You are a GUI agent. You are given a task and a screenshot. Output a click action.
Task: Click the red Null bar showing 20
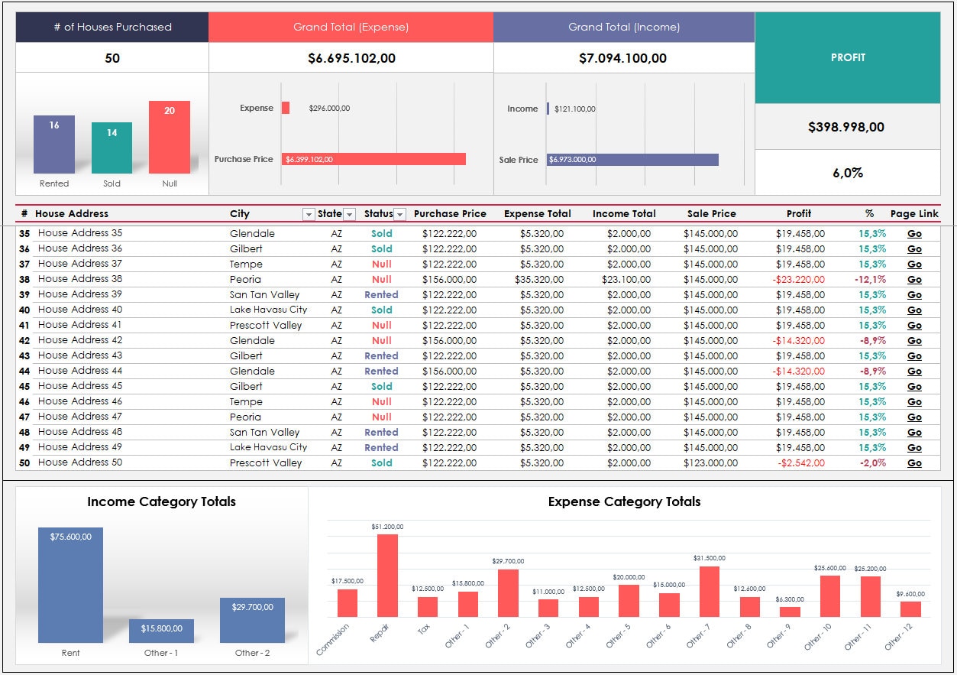click(169, 138)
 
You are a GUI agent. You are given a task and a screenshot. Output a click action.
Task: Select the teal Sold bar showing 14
click(112, 148)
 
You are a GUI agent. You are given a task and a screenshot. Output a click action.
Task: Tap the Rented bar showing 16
click(54, 144)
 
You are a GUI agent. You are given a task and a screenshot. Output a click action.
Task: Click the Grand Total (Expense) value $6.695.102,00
click(351, 58)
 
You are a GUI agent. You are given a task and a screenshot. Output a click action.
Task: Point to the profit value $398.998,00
click(846, 127)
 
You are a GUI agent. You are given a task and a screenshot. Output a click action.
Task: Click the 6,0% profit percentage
click(847, 173)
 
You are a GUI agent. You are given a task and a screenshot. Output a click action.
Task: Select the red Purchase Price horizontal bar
click(373, 159)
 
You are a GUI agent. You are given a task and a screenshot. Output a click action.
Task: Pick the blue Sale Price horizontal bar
click(632, 160)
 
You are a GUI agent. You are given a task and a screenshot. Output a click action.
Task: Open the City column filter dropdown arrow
click(309, 215)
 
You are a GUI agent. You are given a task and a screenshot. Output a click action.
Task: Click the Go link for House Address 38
click(914, 279)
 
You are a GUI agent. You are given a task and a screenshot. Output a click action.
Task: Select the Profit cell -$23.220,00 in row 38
click(800, 280)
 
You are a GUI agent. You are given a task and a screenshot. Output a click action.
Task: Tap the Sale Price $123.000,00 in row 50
click(710, 463)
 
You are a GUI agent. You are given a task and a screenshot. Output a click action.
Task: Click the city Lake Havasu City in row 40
click(268, 310)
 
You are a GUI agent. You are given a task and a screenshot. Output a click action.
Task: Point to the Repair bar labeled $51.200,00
click(387, 576)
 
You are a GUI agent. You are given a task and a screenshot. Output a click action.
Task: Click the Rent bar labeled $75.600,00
click(70, 585)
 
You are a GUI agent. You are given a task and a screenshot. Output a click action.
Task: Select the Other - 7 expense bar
click(710, 592)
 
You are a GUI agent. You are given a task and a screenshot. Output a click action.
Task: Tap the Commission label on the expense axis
click(334, 639)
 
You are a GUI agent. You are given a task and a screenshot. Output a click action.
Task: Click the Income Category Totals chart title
click(161, 502)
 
